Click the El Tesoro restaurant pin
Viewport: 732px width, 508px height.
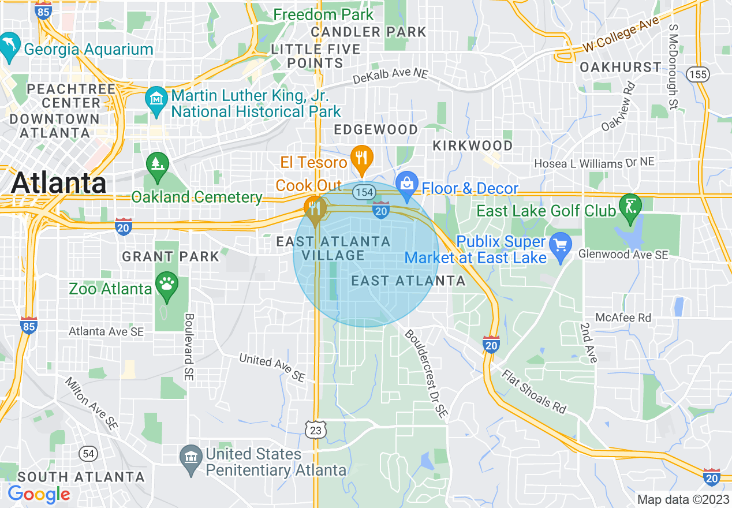[362, 158]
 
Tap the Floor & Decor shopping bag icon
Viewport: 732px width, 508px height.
[407, 184]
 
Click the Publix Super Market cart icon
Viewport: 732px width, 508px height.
[560, 245]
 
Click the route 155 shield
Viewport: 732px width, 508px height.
[698, 73]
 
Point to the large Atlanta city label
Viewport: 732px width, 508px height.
[58, 183]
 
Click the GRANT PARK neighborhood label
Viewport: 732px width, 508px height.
[171, 256]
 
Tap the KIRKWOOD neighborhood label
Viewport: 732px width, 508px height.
[473, 145]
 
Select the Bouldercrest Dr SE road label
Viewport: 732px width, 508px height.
[426, 373]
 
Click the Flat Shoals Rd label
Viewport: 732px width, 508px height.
[534, 391]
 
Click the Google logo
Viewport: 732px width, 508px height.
[39, 495]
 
